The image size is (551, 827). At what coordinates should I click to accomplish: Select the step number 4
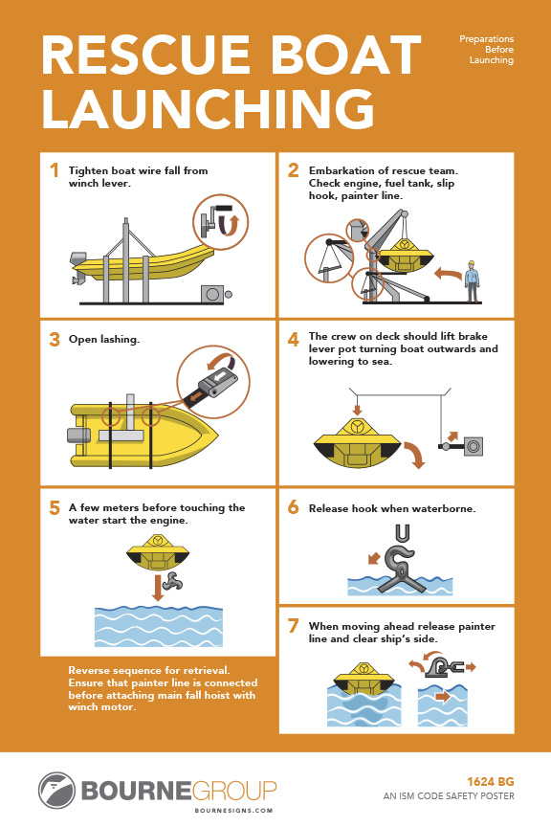pyautogui.click(x=293, y=339)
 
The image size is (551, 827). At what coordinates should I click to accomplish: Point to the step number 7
pyautogui.click(x=293, y=626)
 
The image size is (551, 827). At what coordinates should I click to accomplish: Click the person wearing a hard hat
pyautogui.click(x=471, y=279)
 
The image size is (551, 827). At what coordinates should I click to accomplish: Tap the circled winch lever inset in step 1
pyautogui.click(x=218, y=222)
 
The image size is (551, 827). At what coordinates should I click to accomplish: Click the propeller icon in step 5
pyautogui.click(x=174, y=581)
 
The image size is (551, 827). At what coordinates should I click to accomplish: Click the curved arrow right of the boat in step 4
pyautogui.click(x=413, y=454)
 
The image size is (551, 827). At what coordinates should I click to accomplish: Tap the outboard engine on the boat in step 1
pyautogui.click(x=79, y=266)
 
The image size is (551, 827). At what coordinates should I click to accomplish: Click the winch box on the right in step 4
pyautogui.click(x=473, y=445)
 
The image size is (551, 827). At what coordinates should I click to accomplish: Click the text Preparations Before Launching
pyautogui.click(x=486, y=49)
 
